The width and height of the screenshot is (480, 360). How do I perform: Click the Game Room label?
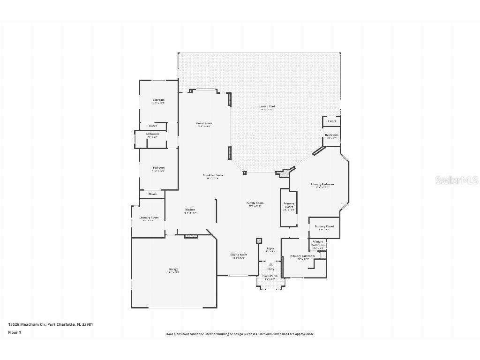click(204, 123)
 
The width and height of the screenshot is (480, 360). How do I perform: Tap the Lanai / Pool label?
click(267, 106)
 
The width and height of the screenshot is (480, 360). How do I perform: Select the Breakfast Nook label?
click(213, 175)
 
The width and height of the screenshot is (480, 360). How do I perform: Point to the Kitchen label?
click(190, 210)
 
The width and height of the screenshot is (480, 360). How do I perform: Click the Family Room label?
click(255, 203)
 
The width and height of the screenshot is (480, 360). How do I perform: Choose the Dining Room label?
click(239, 255)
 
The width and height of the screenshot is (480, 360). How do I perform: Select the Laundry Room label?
click(149, 217)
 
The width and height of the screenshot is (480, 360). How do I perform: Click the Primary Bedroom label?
click(322, 184)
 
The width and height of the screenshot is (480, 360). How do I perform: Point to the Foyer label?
click(270, 248)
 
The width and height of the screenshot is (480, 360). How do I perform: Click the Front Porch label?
click(270, 276)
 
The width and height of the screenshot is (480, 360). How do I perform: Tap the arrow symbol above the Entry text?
click(270, 264)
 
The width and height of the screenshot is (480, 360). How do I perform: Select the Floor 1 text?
click(15, 332)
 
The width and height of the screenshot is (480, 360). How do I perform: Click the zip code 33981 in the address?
click(81, 324)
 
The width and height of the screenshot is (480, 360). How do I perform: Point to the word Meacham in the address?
click(31, 324)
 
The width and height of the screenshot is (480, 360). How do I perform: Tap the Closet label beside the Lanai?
click(332, 121)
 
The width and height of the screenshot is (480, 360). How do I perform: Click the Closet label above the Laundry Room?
click(153, 194)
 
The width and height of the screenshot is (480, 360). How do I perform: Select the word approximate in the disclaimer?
click(303, 334)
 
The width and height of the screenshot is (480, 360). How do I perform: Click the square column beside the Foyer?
click(259, 241)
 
